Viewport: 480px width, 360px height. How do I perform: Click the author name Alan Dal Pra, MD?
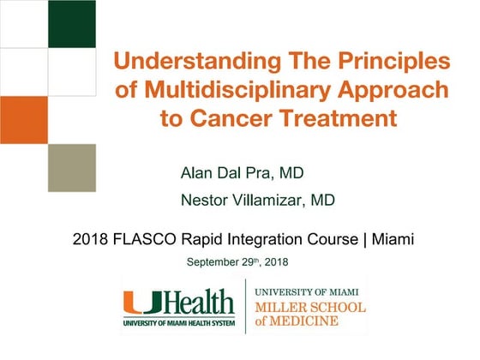(242, 173)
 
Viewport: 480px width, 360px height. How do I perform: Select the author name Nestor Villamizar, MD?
(257, 201)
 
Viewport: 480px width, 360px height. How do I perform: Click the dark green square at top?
(71, 23)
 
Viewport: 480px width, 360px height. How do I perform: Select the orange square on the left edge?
(23, 119)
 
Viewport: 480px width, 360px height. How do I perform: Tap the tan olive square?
(71, 167)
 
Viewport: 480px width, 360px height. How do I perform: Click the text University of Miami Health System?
(177, 322)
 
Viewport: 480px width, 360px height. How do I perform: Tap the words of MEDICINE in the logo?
(296, 322)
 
